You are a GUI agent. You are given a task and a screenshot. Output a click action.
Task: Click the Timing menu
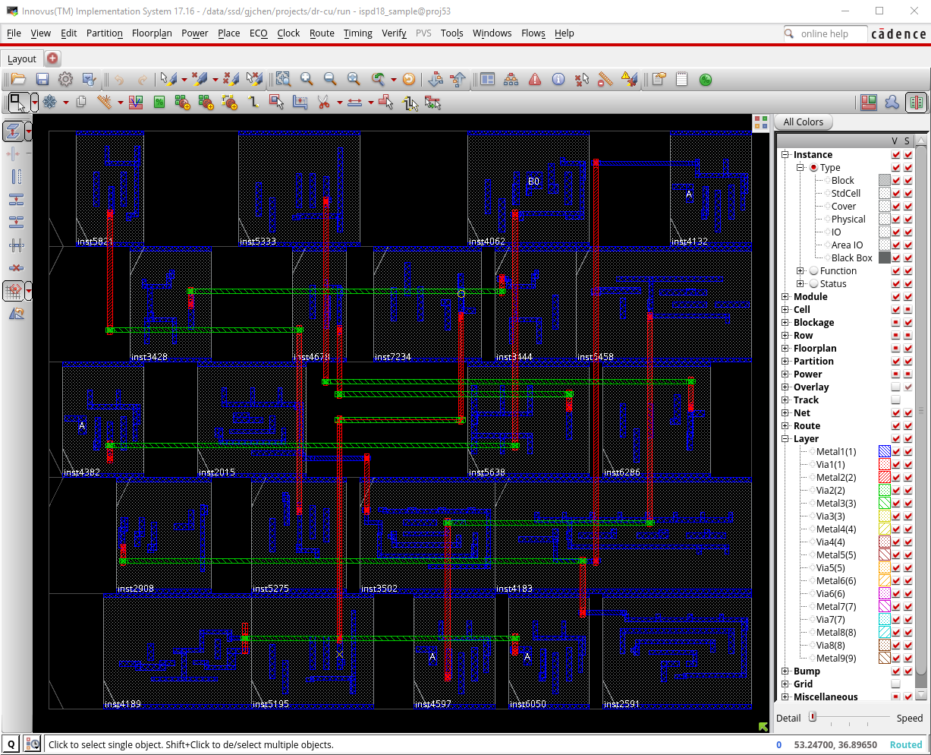coord(357,33)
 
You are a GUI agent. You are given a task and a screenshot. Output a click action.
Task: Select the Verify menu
coord(394,33)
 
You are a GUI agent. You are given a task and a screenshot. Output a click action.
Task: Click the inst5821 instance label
coord(95,242)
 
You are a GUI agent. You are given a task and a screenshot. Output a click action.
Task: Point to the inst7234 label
coord(392,357)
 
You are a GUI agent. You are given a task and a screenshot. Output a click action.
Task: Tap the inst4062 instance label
coord(486,242)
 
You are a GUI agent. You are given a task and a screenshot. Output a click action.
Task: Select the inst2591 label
coord(621,704)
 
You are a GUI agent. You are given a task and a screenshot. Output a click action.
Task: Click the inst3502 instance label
coord(379,589)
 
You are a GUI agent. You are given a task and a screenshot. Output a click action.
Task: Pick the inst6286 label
coord(621,472)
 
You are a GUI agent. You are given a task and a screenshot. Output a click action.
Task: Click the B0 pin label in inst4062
coord(533,182)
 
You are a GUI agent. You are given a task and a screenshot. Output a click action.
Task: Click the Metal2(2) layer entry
coord(835,478)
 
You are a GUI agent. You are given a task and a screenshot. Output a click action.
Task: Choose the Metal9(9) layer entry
coord(835,659)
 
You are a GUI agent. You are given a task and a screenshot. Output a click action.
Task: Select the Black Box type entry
coord(851,258)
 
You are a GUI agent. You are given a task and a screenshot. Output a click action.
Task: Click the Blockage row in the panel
coord(813,323)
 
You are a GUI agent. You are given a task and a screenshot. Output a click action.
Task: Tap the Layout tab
coord(22,58)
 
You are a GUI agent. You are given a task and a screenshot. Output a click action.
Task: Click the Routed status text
coord(906,745)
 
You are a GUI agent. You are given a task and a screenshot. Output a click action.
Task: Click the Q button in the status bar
coord(11,744)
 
